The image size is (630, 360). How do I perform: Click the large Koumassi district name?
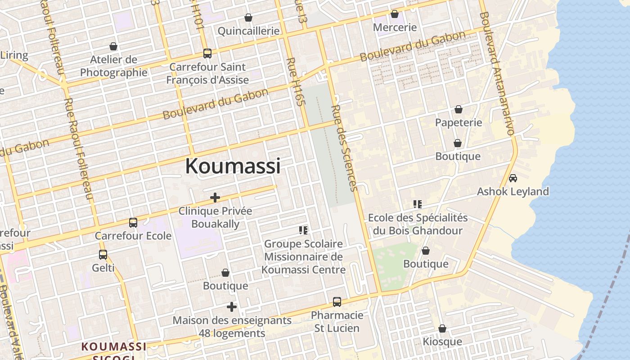233,166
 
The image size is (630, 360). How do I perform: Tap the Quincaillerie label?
248,31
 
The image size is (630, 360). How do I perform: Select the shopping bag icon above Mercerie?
395,14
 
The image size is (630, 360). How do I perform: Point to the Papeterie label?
458,122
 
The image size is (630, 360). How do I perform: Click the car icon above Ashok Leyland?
513,178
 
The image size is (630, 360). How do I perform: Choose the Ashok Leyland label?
513,192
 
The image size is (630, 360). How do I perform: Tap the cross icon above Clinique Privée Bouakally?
215,198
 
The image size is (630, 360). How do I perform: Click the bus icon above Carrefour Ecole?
133,223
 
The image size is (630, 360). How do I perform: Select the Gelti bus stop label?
103,268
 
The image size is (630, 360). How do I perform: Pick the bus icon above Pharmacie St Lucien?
337,302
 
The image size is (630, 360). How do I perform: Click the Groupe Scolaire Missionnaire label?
303,256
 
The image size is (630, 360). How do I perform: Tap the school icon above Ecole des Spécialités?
418,205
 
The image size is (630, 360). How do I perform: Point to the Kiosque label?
442,342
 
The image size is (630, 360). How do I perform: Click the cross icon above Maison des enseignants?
232,307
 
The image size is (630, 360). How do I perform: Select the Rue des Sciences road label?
345,148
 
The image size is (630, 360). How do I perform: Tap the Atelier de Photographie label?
114,66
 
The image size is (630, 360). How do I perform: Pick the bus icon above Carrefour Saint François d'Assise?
207,54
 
